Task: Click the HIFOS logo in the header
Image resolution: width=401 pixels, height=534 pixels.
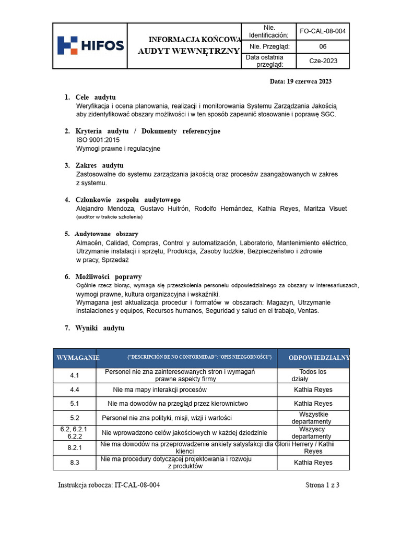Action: click(x=90, y=45)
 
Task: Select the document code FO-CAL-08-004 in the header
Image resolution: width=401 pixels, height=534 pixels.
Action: click(x=323, y=31)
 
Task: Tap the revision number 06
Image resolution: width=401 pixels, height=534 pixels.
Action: click(x=323, y=46)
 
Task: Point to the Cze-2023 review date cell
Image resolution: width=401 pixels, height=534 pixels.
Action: click(x=323, y=61)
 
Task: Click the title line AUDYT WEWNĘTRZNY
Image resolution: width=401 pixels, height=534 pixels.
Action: click(x=188, y=51)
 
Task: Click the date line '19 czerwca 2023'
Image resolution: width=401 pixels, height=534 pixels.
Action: click(x=300, y=81)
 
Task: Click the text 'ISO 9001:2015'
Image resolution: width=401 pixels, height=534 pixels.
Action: click(x=98, y=140)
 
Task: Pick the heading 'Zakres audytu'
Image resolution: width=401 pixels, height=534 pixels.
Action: click(x=99, y=166)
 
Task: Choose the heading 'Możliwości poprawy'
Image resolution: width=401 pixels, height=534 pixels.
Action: click(x=108, y=277)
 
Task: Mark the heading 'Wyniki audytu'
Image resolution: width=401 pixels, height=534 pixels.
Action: click(x=100, y=328)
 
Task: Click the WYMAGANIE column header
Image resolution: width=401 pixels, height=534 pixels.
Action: click(x=78, y=358)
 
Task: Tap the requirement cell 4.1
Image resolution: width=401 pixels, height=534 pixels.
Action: click(x=74, y=375)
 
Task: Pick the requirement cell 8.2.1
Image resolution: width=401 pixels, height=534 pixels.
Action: click(x=74, y=447)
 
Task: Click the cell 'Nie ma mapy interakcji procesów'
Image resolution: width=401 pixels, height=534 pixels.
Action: click(x=160, y=390)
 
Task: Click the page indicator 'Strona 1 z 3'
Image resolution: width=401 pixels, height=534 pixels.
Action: click(x=322, y=485)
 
